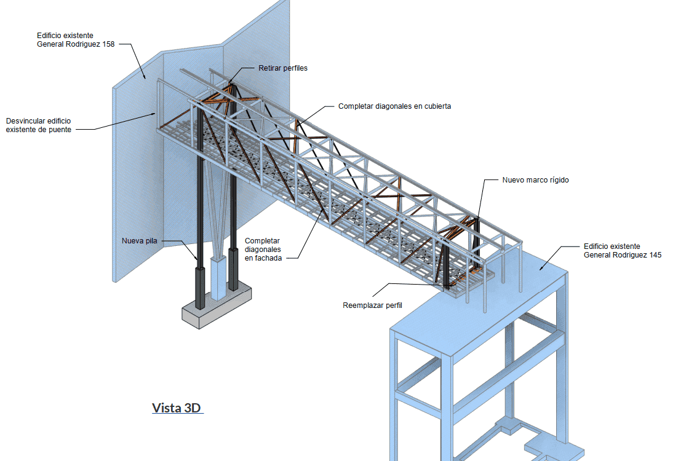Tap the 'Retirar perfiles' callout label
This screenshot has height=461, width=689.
point(283,68)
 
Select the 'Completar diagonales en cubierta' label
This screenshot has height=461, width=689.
point(394,106)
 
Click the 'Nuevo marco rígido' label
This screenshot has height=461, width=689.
point(536,180)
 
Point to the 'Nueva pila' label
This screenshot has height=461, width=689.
point(139,240)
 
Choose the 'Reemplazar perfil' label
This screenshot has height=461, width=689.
point(372,305)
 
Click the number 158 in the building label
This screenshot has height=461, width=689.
point(108,44)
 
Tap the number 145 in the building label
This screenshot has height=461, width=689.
point(655,255)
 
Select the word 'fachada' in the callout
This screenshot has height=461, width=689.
point(268,258)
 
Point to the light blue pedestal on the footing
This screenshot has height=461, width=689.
point(219,277)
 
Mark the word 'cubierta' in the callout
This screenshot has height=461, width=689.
point(437,106)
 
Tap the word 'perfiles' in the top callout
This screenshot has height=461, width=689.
point(295,68)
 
